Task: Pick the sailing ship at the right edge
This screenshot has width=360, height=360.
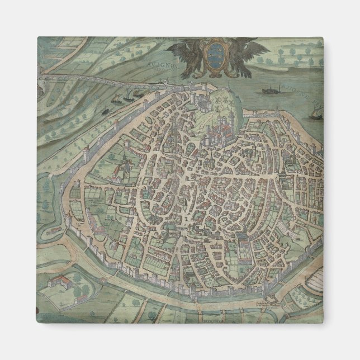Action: (x=314, y=114)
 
